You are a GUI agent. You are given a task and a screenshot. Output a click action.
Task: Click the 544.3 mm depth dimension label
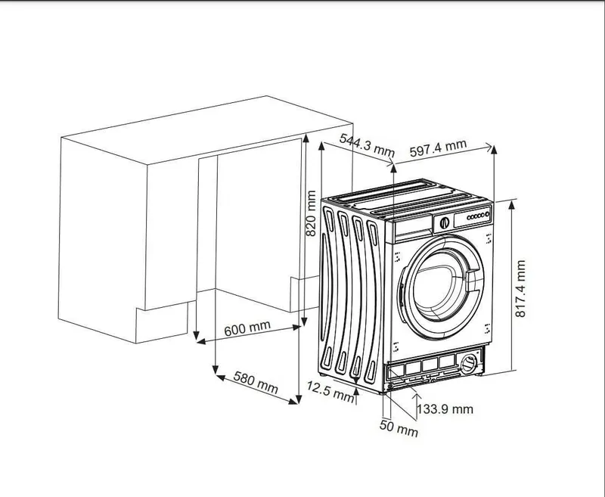coord(367,145)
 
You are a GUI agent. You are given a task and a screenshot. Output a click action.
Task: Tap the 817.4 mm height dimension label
coord(520,289)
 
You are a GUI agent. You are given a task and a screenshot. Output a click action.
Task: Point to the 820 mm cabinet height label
coord(311,213)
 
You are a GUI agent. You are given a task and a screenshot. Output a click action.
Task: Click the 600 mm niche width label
coord(247,328)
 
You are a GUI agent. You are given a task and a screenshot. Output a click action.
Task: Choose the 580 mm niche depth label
coord(256,383)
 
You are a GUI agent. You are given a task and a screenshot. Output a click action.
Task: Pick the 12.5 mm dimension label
coord(330,391)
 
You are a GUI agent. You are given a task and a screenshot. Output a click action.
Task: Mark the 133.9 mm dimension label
coord(445,409)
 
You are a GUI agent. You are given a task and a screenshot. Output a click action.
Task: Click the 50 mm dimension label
coord(399,428)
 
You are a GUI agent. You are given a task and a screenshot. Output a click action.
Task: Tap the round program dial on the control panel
coord(445,222)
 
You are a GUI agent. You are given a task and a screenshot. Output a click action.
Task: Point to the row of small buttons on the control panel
coord(479,216)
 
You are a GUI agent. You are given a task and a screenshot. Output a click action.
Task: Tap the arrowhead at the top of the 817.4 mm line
coord(512,203)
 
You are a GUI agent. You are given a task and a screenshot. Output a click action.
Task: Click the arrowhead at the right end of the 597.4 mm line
coord(489,147)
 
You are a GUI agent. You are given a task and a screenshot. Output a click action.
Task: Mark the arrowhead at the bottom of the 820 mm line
coord(304,321)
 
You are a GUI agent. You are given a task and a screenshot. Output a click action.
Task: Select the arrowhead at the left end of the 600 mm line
coord(200,341)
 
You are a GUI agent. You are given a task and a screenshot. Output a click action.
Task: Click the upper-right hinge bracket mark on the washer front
coord(489,239)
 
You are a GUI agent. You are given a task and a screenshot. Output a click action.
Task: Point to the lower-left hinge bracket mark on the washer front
coord(396,347)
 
